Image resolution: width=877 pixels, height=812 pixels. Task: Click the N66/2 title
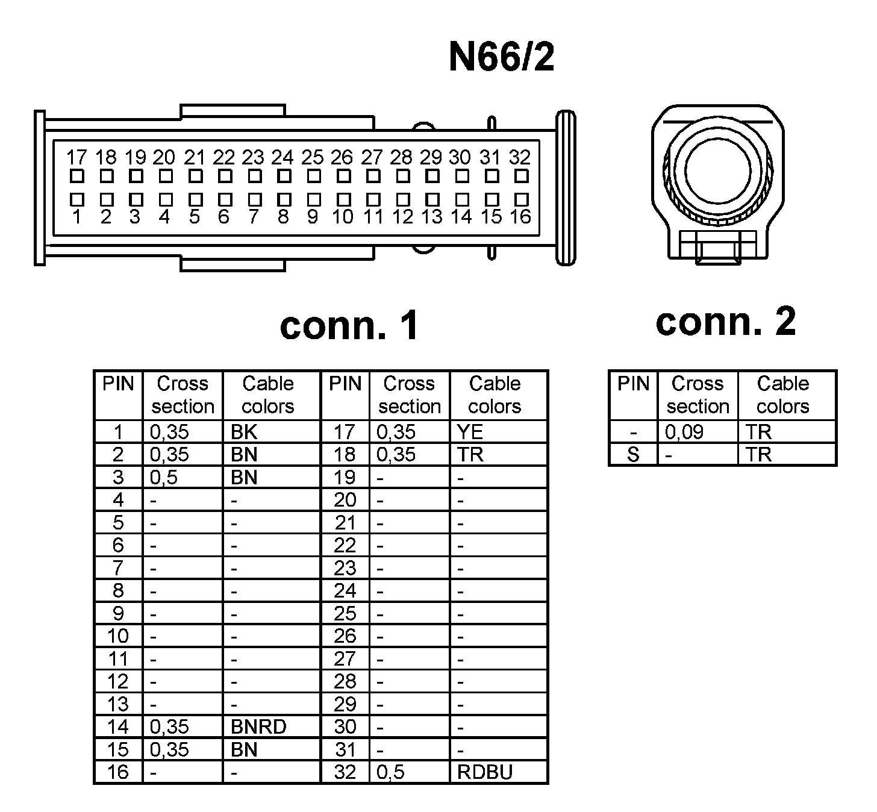click(x=501, y=58)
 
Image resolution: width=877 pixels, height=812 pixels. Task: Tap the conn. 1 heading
click(x=349, y=325)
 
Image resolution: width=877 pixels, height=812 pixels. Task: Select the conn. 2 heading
click(x=725, y=321)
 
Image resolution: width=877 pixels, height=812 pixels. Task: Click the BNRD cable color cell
click(x=258, y=727)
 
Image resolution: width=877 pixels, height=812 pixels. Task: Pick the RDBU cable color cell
click(x=485, y=772)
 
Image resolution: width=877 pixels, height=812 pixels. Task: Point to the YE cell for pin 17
click(x=470, y=432)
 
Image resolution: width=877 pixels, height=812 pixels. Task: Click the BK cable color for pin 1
click(x=244, y=432)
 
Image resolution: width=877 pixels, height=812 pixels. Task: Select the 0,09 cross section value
click(x=684, y=432)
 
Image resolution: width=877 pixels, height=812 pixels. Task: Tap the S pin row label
click(x=632, y=455)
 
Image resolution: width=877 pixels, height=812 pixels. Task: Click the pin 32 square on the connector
click(x=522, y=176)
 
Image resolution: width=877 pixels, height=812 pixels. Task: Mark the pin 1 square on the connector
click(x=76, y=199)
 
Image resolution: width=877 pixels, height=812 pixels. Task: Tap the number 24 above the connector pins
click(x=282, y=158)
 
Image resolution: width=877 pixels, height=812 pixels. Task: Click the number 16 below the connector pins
click(x=520, y=217)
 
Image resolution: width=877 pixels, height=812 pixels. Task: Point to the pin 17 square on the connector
click(x=76, y=176)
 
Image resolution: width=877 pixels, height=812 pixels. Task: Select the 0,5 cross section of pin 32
click(x=390, y=772)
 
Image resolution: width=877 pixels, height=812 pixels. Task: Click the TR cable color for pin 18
click(x=470, y=455)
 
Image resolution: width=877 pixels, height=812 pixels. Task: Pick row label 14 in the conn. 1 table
click(x=117, y=727)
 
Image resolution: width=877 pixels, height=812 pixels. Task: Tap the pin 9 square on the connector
click(x=314, y=199)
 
